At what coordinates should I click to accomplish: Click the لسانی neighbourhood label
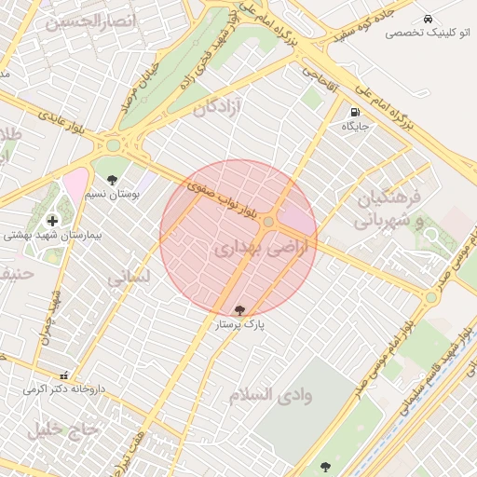coord(127,277)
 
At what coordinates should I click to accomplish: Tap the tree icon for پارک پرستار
coord(240,309)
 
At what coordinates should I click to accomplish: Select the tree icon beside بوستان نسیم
coord(113,180)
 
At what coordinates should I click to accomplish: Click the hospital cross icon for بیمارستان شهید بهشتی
coord(51,220)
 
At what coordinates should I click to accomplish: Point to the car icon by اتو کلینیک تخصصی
coord(427,19)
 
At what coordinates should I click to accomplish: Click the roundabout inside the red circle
coord(268,222)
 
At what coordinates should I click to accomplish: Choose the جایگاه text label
coord(355,125)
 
